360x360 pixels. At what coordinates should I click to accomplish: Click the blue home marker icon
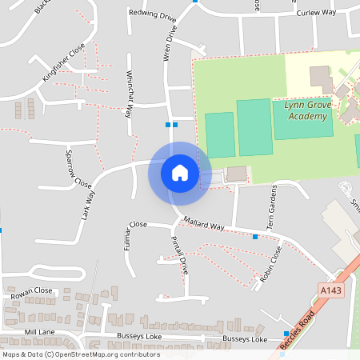[179, 173]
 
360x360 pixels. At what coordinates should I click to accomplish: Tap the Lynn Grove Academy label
[306, 110]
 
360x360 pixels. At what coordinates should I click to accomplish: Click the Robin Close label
[271, 265]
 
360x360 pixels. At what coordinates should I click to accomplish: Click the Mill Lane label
[39, 331]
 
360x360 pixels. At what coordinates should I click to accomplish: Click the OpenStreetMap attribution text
[81, 354]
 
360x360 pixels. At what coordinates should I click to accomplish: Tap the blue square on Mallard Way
[254, 237]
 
